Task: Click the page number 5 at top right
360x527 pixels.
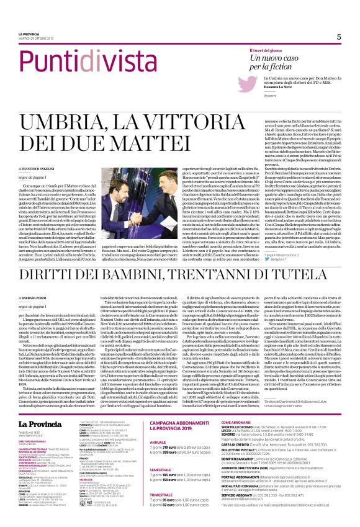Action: tap(339, 37)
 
